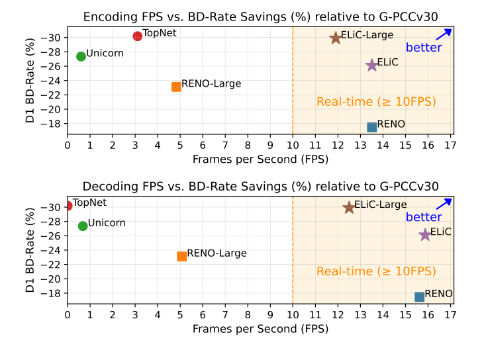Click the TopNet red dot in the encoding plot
(137, 36)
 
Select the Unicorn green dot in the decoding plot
(83, 226)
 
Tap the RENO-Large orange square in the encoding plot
(176, 87)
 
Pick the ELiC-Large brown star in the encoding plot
(336, 38)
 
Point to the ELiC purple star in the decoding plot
(425, 234)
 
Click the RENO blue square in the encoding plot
(372, 127)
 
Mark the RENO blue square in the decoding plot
(419, 296)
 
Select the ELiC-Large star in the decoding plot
(349, 207)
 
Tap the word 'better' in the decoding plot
(424, 217)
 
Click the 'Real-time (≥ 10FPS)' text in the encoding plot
(376, 102)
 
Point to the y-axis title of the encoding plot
(29, 78)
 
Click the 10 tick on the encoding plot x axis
(293, 145)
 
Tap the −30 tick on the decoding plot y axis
(54, 207)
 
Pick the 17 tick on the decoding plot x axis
(450, 314)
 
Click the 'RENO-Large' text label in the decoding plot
(217, 253)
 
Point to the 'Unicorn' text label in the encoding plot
(105, 54)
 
